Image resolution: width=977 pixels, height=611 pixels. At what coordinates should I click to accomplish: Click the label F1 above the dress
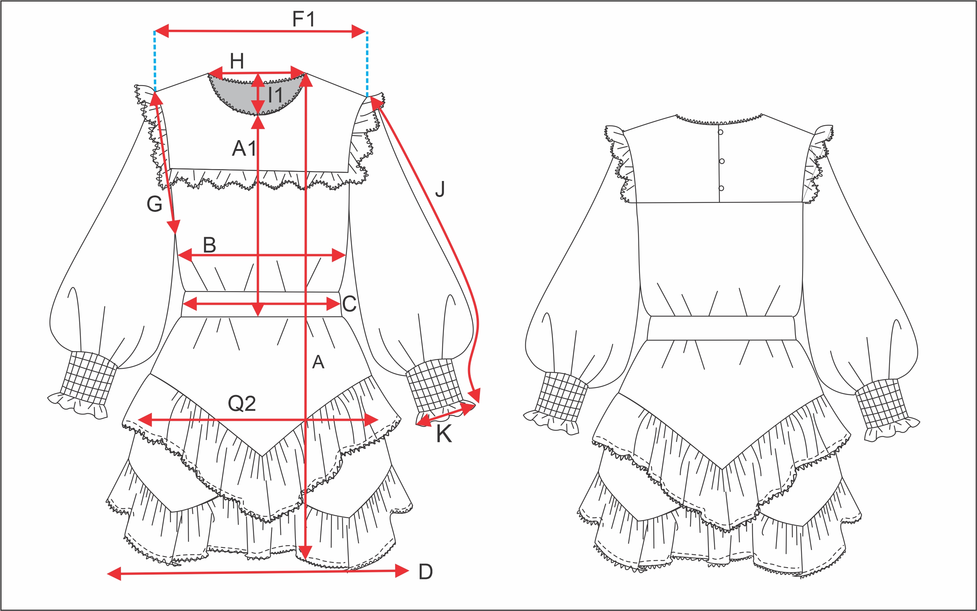pyautogui.click(x=304, y=19)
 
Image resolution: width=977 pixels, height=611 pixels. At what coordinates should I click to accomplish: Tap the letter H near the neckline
pyautogui.click(x=237, y=61)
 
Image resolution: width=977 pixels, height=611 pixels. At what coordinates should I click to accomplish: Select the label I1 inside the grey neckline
pyautogui.click(x=275, y=96)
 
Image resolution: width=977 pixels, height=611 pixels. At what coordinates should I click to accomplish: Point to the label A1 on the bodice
pyautogui.click(x=244, y=148)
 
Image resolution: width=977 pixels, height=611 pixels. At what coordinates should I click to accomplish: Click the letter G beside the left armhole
pyautogui.click(x=154, y=204)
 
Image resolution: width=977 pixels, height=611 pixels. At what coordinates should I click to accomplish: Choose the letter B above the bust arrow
pyautogui.click(x=209, y=245)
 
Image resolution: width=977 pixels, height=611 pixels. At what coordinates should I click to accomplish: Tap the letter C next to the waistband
pyautogui.click(x=349, y=304)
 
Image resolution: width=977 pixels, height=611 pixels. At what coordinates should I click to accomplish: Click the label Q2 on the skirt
pyautogui.click(x=242, y=403)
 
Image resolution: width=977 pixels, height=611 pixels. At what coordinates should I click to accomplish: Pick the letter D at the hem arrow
pyautogui.click(x=426, y=572)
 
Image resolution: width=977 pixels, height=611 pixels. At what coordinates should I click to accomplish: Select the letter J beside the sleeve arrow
pyautogui.click(x=440, y=189)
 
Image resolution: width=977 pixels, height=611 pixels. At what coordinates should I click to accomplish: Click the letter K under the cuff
pyautogui.click(x=444, y=434)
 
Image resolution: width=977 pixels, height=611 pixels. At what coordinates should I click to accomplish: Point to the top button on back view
pyautogui.click(x=721, y=132)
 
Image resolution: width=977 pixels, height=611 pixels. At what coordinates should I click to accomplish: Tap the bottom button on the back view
pyautogui.click(x=721, y=188)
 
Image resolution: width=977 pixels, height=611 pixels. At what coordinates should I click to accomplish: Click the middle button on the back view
pyautogui.click(x=722, y=161)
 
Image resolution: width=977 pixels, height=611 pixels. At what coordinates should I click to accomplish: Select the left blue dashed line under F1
pyautogui.click(x=154, y=61)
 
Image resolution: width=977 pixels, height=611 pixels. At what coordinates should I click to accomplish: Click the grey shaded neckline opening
pyautogui.click(x=239, y=95)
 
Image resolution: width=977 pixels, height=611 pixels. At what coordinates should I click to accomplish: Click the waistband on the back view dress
pyautogui.click(x=721, y=328)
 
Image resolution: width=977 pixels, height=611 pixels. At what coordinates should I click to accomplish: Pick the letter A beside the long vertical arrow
pyautogui.click(x=318, y=362)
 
